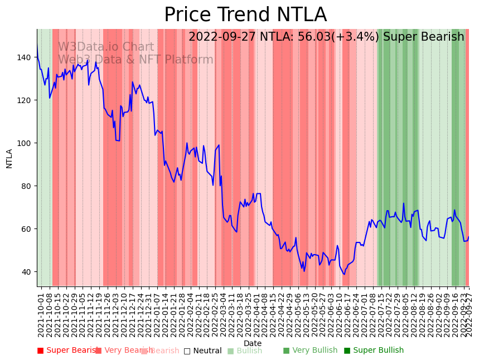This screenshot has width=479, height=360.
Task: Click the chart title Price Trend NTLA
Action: tap(245, 15)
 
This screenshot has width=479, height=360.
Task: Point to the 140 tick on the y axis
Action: tap(26, 57)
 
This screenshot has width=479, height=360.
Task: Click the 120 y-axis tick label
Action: tap(26, 100)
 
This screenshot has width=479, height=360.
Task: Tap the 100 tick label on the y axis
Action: tap(26, 143)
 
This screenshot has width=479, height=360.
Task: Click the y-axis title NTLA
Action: tap(9, 158)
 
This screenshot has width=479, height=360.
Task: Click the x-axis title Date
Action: tap(253, 343)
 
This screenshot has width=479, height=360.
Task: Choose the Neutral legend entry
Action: tap(203, 351)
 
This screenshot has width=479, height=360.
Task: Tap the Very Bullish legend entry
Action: tap(310, 351)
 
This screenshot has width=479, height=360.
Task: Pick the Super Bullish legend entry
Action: tap(374, 351)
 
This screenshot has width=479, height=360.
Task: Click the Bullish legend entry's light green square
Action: tap(230, 351)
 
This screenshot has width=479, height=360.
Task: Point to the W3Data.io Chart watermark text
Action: tap(106, 47)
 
